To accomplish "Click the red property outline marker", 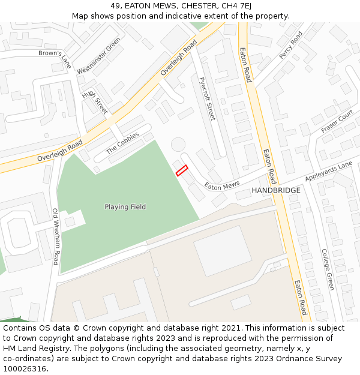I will tap(182, 170).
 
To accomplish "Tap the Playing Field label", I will tap(125, 207).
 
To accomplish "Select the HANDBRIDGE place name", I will tap(276, 190).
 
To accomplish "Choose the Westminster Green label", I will tap(98, 55).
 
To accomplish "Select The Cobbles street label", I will tap(122, 143).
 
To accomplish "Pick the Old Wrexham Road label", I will tap(55, 236).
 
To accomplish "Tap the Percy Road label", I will tap(290, 45).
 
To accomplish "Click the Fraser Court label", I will tap(337, 121).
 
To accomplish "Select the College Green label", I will tap(327, 269).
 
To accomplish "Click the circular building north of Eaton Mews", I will tap(178, 145).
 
